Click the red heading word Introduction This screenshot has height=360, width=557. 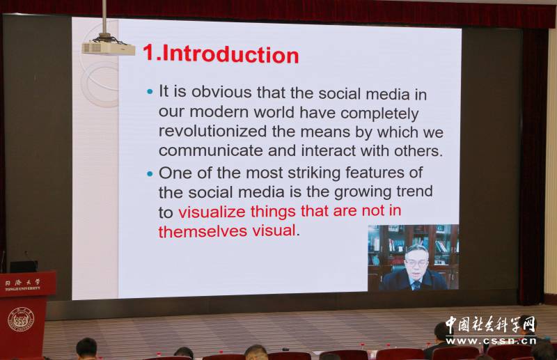point(230,55)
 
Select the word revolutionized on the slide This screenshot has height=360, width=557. point(212,131)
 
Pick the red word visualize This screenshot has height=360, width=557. point(212,212)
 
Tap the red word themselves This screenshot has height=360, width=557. point(203,231)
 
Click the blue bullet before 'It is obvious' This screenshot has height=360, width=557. point(150,92)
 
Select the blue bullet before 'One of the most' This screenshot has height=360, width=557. point(150,174)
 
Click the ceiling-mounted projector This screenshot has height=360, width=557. point(109,47)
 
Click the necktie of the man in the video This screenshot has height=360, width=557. point(416,284)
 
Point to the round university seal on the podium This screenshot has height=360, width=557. point(21,320)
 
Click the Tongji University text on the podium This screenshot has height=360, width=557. point(23,284)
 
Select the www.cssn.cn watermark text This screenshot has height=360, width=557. point(492,341)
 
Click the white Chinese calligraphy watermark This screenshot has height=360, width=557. point(491,324)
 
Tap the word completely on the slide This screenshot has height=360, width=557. point(379,113)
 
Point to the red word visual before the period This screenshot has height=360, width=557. point(274,230)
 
